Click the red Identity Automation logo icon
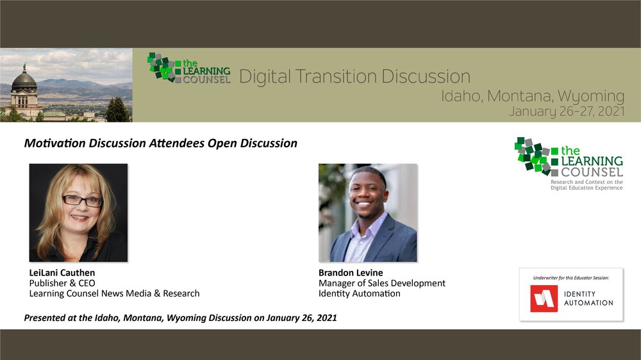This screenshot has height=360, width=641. pyautogui.click(x=544, y=299)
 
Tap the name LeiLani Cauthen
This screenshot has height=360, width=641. pyautogui.click(x=62, y=272)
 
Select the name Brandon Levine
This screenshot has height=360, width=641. pyautogui.click(x=351, y=272)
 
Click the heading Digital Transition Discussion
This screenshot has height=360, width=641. pyautogui.click(x=354, y=76)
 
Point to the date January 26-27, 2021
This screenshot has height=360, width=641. pyautogui.click(x=567, y=111)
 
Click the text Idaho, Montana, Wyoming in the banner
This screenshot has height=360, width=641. pyautogui.click(x=533, y=96)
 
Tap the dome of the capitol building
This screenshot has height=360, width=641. pyautogui.click(x=24, y=79)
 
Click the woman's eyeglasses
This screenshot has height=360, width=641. pyautogui.click(x=82, y=200)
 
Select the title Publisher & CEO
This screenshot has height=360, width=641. pyautogui.click(x=62, y=283)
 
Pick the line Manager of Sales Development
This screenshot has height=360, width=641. pyautogui.click(x=382, y=283)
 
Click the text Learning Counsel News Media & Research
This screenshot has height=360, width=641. pyautogui.click(x=115, y=293)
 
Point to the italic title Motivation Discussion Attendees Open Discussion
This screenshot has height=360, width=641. pyautogui.click(x=161, y=143)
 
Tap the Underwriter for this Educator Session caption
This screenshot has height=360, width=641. pyautogui.click(x=571, y=278)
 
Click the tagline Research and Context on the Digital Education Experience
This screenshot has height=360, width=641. pyautogui.click(x=587, y=185)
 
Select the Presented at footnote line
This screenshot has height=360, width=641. pyautogui.click(x=180, y=318)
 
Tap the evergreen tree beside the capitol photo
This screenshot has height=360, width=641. pyautogui.click(x=117, y=110)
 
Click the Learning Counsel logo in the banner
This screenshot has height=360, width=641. pyautogui.click(x=188, y=69)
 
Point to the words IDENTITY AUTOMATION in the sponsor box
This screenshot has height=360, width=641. pyautogui.click(x=588, y=299)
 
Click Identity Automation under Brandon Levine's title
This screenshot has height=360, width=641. pyautogui.click(x=360, y=293)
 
